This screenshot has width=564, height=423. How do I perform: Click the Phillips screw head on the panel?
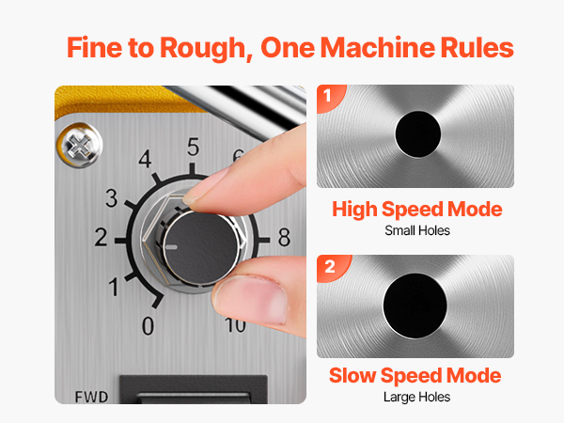coord(80,146)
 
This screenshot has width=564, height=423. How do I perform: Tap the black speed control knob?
coord(201,247)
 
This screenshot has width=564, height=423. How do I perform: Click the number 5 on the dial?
coord(193,147)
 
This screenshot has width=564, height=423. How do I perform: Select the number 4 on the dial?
coord(145,159)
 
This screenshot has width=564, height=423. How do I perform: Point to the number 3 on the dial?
coord(112,198)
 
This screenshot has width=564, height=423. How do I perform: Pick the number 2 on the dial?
coord(101,237)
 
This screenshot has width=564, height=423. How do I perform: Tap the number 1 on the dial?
coord(114,287)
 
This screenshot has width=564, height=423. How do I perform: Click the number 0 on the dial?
coord(148,325)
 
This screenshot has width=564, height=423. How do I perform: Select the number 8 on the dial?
coord(284,238)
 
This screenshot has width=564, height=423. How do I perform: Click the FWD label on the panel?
coord(91,397)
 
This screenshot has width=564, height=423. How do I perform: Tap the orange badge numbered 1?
coord(330,97)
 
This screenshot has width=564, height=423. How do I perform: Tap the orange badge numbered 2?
coord(332,268)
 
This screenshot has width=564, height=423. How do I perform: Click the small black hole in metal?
coord(418,134)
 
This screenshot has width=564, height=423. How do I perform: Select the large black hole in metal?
coord(415,306)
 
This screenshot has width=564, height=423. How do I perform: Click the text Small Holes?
coord(417,230)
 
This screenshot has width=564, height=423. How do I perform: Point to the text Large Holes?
coord(416,397)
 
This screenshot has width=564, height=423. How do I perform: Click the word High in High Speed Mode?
coord(354,210)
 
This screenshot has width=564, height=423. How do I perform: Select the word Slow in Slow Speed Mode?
coord(352,375)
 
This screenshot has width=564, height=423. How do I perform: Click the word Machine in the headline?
coord(377,48)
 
